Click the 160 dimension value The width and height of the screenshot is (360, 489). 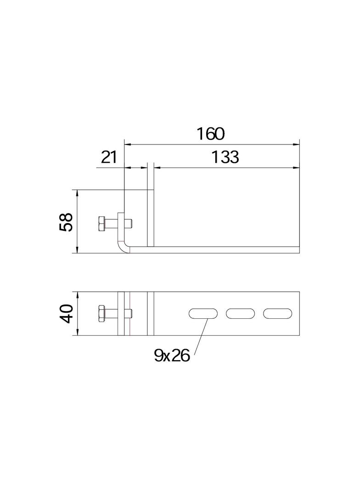point(211,133)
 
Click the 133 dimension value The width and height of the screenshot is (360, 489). point(225,157)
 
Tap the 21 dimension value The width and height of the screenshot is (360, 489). point(108,157)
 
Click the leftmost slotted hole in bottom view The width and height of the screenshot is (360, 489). point(203,314)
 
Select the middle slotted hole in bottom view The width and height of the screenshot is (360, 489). point(240,314)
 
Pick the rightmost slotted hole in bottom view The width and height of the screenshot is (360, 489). point(278,314)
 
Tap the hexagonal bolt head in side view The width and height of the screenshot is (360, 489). point(101,224)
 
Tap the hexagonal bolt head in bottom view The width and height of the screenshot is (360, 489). point(101,314)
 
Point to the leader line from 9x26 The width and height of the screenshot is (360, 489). point(202,335)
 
